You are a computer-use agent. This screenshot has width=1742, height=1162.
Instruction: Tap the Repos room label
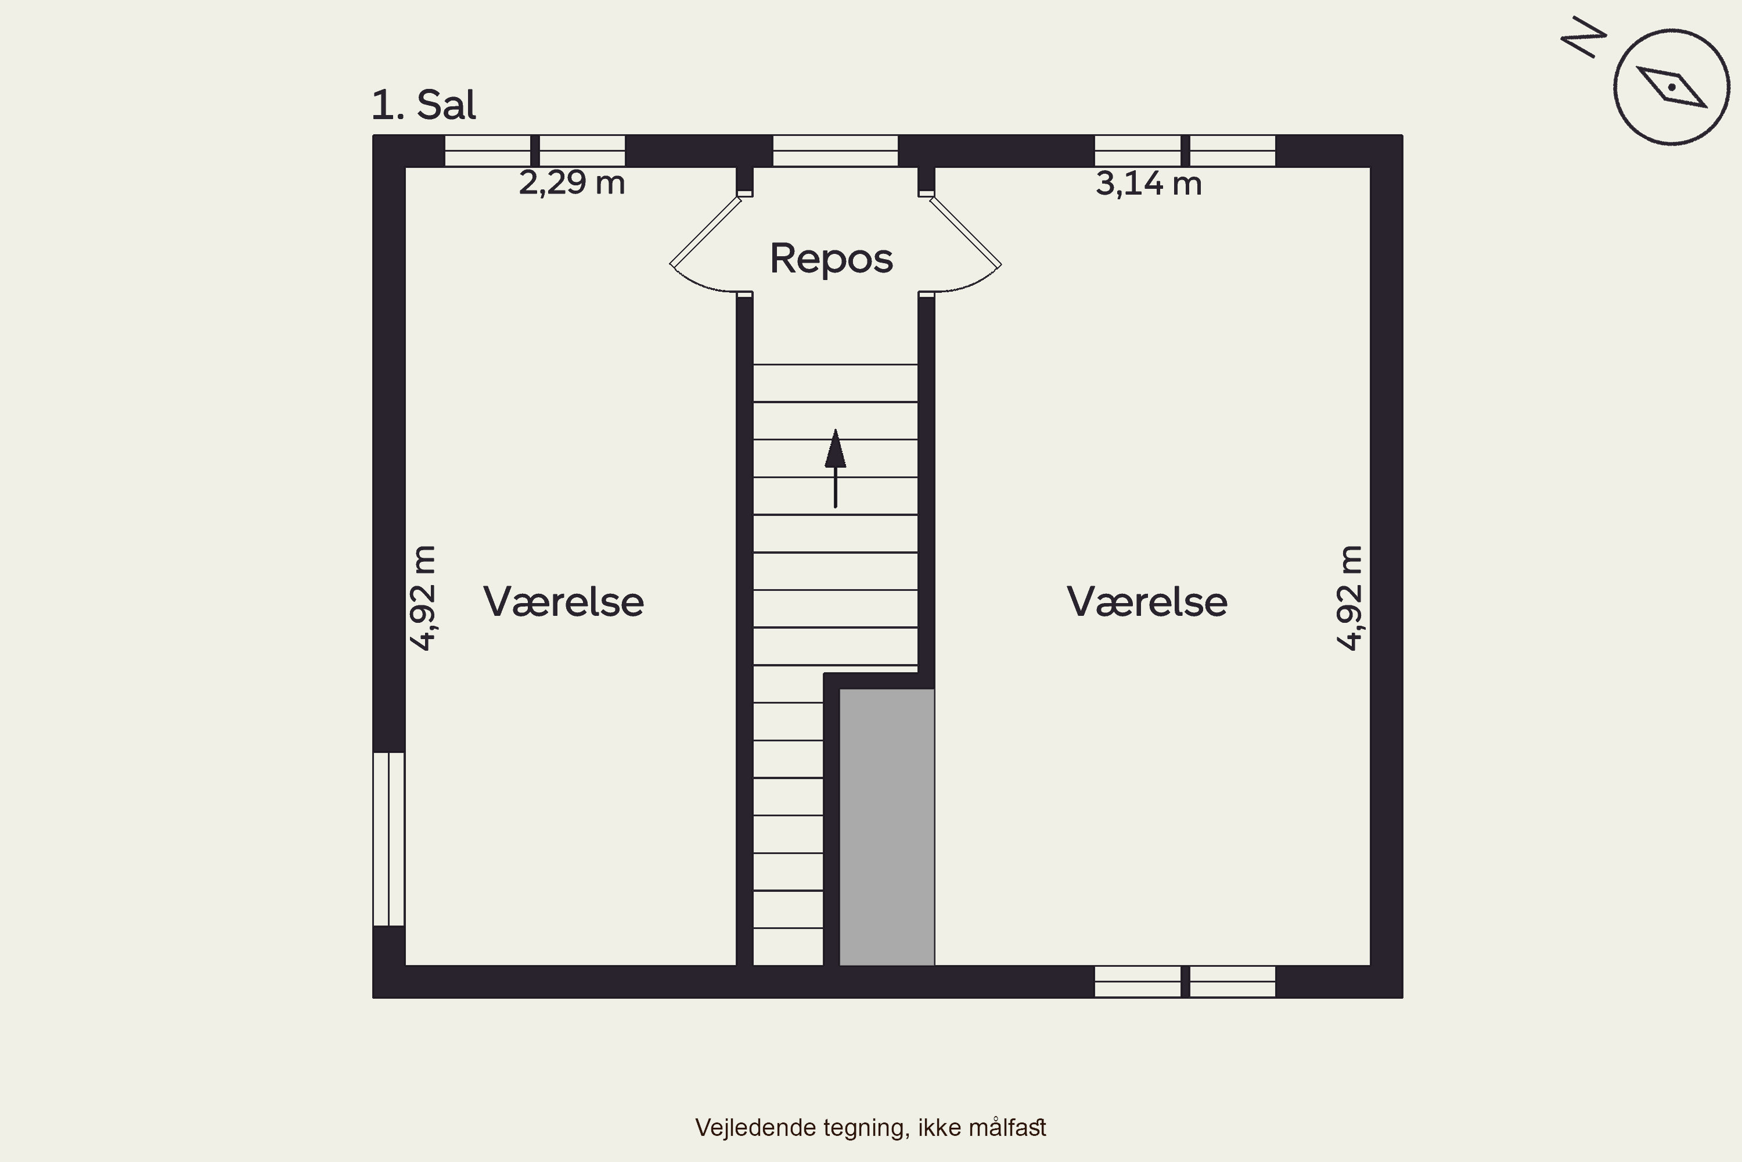831,259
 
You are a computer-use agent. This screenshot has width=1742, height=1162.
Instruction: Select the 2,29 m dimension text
572,183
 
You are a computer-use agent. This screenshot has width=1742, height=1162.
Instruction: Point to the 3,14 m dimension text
1148,183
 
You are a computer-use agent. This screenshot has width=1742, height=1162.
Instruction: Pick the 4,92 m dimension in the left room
423,597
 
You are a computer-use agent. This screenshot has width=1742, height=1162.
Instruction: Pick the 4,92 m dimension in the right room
1349,597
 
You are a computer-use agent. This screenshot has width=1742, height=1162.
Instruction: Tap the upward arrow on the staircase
836,468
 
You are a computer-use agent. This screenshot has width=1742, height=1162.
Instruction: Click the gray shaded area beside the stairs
887,827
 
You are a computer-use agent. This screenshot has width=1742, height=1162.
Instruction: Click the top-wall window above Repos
836,151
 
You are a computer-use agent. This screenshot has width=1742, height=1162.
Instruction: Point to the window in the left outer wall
389,839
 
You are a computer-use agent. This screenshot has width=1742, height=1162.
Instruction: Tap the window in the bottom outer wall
1185,981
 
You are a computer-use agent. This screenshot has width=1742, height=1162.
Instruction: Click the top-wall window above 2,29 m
535,151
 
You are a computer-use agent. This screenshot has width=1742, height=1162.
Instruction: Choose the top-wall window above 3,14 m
1185,151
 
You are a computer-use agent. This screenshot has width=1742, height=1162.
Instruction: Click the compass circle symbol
1672,87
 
